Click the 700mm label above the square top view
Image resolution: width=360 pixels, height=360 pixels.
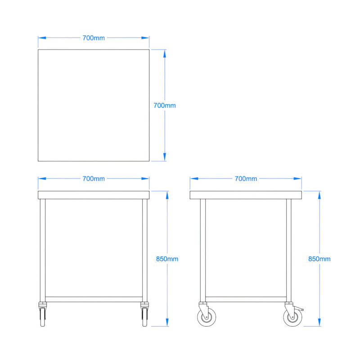tap(94, 38)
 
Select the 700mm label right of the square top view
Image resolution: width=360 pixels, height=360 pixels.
tap(165, 105)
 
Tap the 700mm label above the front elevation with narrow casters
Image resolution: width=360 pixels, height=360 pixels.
tap(94, 179)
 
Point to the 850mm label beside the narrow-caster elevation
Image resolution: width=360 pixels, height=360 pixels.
tap(167, 259)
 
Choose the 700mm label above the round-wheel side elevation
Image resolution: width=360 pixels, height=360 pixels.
tap(246, 179)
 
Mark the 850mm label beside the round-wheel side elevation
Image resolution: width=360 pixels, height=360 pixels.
tap(319, 259)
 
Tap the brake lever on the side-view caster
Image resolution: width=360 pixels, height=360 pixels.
tap(301, 309)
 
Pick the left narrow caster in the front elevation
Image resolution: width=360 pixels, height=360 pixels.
tap(43, 315)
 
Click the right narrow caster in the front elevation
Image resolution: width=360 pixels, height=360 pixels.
tap(144, 315)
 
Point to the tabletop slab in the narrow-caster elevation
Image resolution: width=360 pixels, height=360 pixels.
tap(94, 195)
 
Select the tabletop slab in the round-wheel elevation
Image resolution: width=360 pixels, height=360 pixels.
tap(246, 195)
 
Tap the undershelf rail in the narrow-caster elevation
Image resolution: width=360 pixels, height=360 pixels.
tap(94, 299)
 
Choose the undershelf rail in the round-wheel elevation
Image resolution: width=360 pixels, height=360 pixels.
tap(246, 299)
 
